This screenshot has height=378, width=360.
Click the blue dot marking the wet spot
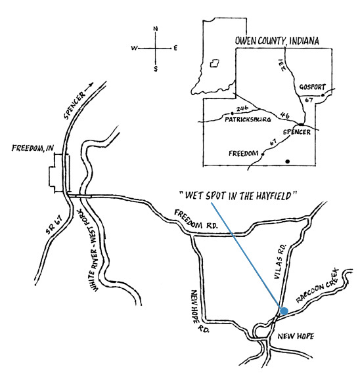click(284, 311)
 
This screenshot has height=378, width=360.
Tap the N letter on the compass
click(156, 29)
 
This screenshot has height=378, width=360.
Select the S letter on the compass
click(156, 69)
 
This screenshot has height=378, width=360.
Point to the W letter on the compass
click(134, 48)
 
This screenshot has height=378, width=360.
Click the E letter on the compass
click(175, 48)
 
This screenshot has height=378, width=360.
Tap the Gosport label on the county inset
click(312, 87)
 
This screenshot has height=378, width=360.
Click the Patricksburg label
click(248, 119)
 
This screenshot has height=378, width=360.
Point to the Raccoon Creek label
click(317, 286)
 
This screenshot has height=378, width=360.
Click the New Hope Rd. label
click(198, 311)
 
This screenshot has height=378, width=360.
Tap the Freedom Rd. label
click(196, 219)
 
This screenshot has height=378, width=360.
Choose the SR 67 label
click(55, 224)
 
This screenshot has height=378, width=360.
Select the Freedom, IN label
click(33, 148)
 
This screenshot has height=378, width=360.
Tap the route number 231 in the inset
click(282, 64)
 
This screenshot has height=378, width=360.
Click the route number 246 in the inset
click(242, 108)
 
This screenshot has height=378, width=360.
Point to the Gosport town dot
click(323, 95)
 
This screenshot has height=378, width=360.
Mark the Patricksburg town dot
click(233, 114)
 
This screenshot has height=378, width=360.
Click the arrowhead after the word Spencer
click(91, 85)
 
